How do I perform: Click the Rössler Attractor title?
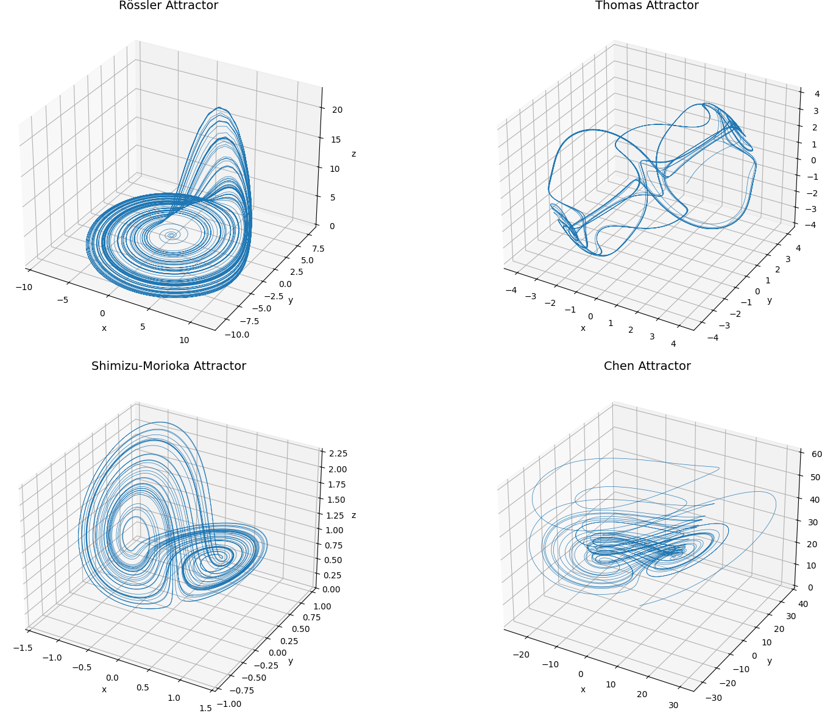[168, 5]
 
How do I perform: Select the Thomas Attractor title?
[647, 5]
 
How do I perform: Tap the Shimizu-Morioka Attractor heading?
[168, 366]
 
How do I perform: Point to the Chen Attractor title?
[647, 366]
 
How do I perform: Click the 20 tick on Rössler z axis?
[337, 110]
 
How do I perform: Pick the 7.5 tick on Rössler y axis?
[318, 249]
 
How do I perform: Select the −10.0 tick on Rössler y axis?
[236, 335]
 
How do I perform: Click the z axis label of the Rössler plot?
[353, 154]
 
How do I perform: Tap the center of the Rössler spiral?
[171, 235]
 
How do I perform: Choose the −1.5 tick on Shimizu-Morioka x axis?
[23, 647]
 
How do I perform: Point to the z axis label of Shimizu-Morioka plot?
[353, 516]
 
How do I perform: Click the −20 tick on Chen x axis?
[521, 654]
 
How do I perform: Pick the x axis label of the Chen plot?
[583, 689]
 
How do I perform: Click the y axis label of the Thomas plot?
[770, 300]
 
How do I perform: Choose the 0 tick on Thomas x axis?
[590, 316]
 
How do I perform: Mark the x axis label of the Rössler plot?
[104, 328]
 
